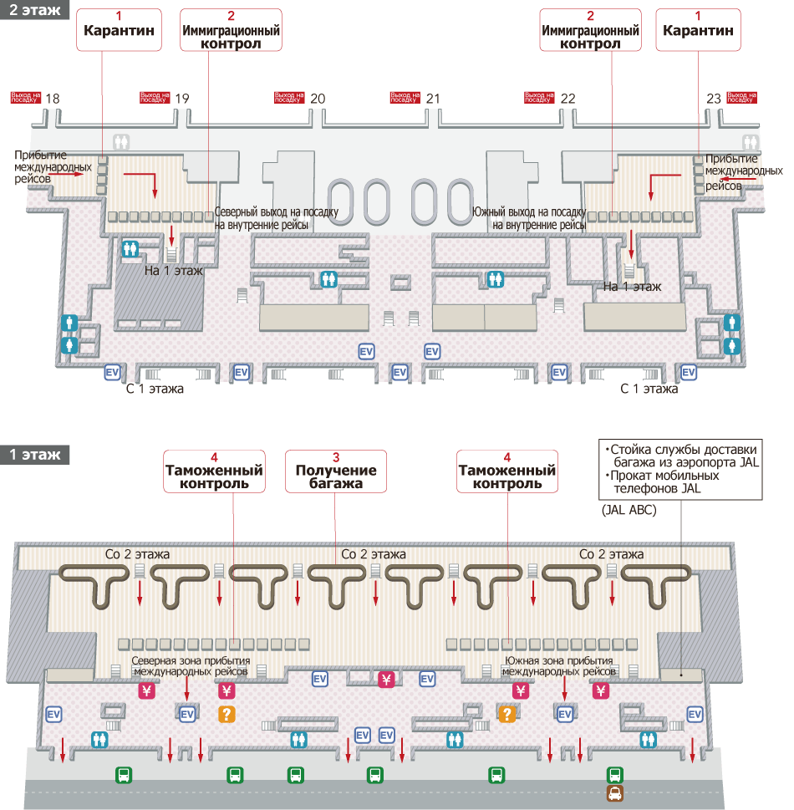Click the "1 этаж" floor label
[x=34, y=455]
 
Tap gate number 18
[x=53, y=99]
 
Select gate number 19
[x=181, y=99]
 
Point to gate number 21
[x=432, y=99]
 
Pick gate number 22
[x=568, y=99]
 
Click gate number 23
[x=713, y=99]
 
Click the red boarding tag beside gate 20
[x=289, y=98]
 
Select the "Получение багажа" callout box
[x=336, y=471]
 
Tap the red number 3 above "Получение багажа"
[x=336, y=457]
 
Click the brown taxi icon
[x=615, y=793]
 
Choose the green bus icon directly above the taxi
[x=615, y=774]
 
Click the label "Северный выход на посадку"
[x=276, y=212]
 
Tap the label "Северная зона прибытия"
[x=191, y=660]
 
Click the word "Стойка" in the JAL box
[x=629, y=449]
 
